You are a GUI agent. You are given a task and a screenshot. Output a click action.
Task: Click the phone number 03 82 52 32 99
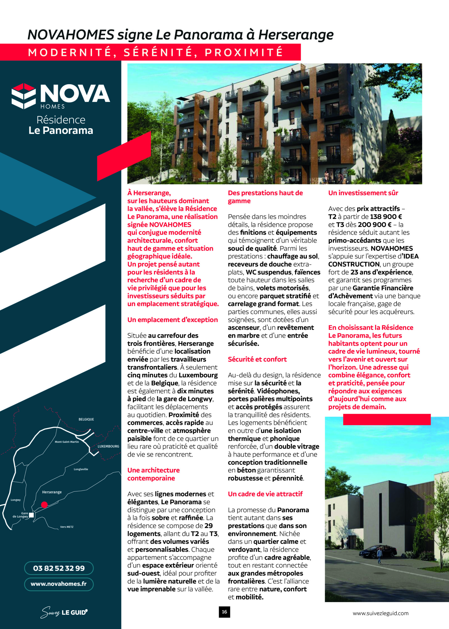click(59, 568)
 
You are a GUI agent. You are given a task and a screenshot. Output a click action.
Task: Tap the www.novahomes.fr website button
click(59, 584)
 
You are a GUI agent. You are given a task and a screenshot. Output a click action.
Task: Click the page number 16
click(224, 612)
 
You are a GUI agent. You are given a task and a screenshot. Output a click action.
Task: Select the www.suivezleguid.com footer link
click(380, 613)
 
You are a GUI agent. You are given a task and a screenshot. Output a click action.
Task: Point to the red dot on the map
click(44, 505)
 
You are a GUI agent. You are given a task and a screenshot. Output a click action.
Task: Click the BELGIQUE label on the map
click(86, 419)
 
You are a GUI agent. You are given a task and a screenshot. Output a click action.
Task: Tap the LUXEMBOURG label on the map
click(108, 446)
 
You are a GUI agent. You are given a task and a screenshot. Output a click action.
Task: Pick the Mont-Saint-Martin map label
click(67, 442)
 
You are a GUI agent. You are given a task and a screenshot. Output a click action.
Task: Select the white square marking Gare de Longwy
click(31, 515)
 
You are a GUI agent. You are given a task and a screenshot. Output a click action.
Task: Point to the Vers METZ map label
click(67, 527)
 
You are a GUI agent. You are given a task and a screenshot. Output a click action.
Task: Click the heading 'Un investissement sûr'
click(363, 193)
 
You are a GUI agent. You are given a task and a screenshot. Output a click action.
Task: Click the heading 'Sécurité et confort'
click(257, 359)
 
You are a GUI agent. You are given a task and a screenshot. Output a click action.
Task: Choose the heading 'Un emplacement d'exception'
click(172, 320)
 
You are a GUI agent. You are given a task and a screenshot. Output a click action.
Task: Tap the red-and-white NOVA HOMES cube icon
click(24, 96)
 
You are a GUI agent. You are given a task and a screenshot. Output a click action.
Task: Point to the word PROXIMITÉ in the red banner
click(244, 52)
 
